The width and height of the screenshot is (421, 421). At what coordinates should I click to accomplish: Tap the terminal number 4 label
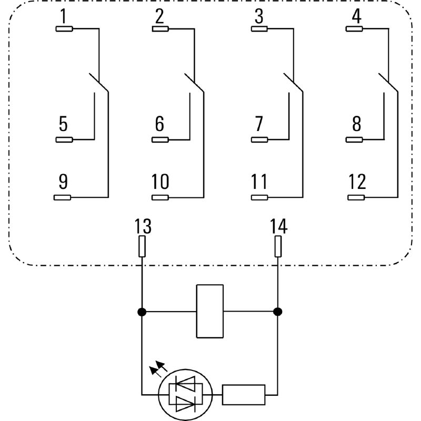357,17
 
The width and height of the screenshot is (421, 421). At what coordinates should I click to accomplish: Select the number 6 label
159,124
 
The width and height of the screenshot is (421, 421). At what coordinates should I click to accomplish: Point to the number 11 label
259,182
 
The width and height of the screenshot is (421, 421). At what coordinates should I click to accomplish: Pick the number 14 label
278,227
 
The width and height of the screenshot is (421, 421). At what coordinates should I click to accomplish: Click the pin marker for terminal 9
63,197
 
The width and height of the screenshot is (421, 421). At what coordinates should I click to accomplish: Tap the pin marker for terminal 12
357,197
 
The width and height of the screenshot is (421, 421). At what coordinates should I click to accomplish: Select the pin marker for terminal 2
160,28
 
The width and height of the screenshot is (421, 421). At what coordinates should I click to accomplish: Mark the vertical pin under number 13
142,246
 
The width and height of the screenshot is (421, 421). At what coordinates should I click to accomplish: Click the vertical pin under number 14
278,246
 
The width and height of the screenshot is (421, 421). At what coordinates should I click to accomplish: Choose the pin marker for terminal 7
259,139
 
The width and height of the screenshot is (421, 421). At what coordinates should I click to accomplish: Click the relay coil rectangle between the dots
209,311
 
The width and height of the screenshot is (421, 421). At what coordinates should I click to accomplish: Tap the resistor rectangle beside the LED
244,394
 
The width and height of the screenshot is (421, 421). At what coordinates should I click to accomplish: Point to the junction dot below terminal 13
142,312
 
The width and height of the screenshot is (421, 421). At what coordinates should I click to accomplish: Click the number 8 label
357,124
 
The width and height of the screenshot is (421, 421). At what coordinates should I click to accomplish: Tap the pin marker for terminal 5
64,139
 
